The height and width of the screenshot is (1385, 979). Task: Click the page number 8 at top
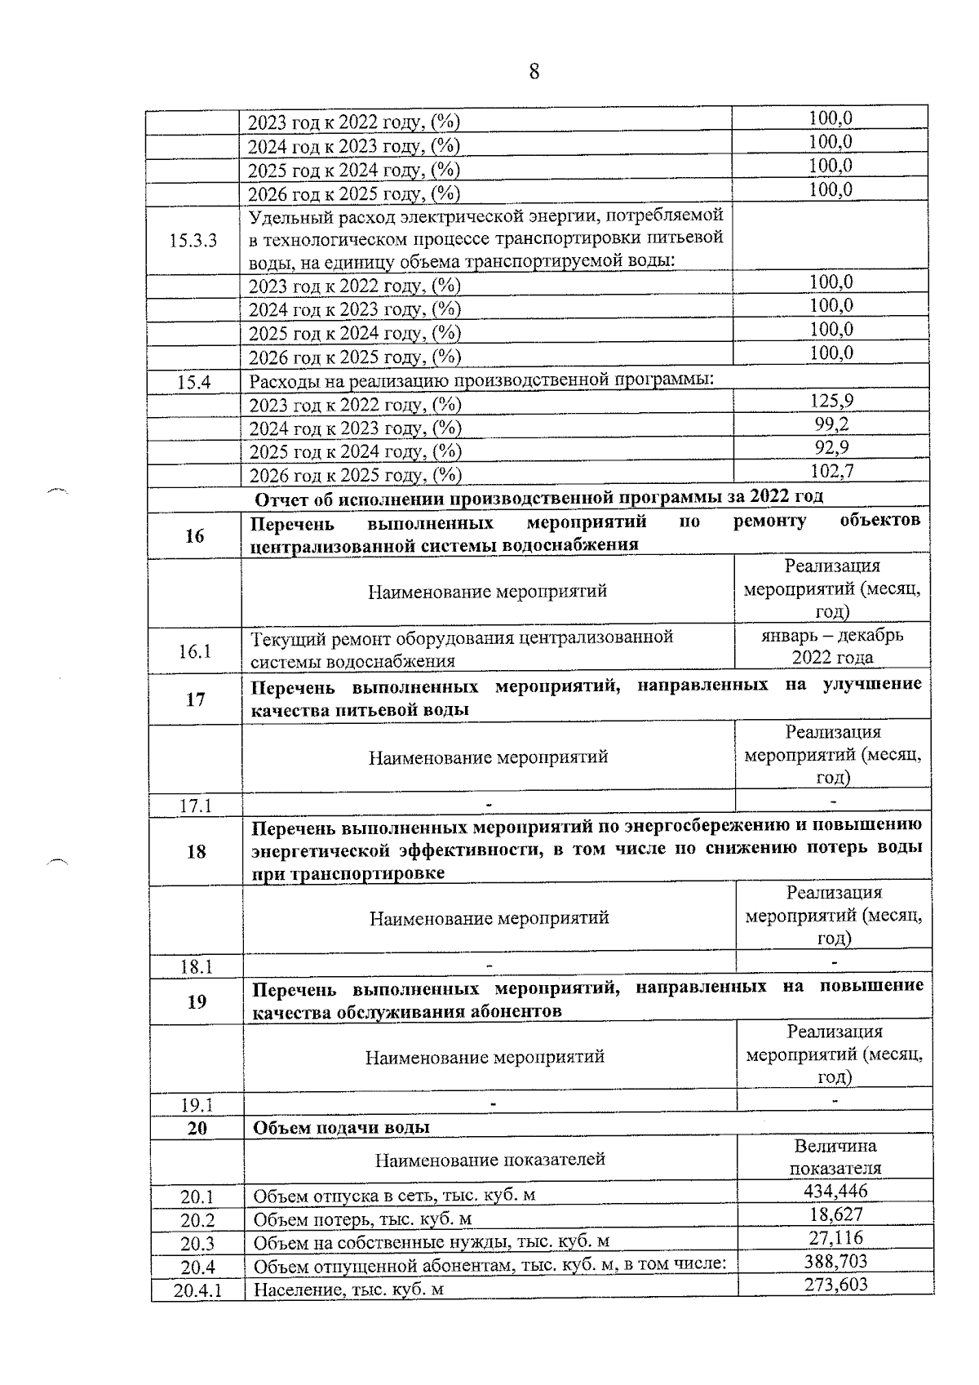(x=534, y=72)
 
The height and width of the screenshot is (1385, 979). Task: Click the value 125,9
(x=831, y=401)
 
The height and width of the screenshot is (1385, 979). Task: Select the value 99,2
(x=831, y=424)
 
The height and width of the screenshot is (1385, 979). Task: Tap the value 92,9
(x=831, y=447)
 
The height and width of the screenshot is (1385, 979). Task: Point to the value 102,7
(x=831, y=471)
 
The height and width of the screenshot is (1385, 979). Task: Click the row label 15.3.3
(x=193, y=241)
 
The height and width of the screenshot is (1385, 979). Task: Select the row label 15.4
(x=194, y=382)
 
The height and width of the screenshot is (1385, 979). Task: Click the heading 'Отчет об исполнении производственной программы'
(x=538, y=497)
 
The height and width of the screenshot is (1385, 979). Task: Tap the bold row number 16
(x=194, y=536)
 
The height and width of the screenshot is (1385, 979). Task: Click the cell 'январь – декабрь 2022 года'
(x=832, y=646)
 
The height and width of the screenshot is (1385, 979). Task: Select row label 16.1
(x=195, y=651)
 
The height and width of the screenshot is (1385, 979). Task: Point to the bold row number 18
(x=196, y=852)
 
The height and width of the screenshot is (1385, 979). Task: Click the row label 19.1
(x=197, y=1105)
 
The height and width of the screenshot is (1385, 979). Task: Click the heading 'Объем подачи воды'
(x=341, y=1128)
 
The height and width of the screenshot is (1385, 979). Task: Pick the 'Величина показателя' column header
(x=835, y=1157)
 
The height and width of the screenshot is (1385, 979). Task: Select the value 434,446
(x=835, y=1191)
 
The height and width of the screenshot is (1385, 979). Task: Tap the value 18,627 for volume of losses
(x=835, y=1214)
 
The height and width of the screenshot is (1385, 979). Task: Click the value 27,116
(x=835, y=1238)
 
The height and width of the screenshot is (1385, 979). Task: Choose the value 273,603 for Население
(x=835, y=1285)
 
